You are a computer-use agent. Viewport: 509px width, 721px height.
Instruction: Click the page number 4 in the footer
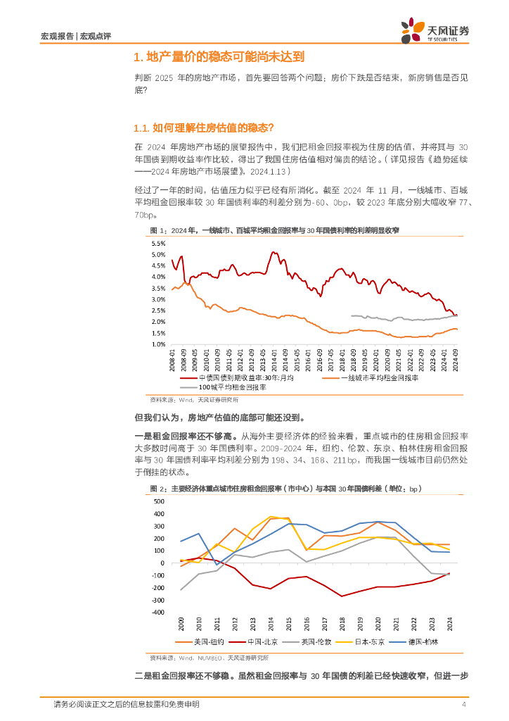(x=463, y=705)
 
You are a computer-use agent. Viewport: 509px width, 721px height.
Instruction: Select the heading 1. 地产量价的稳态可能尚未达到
(x=219, y=58)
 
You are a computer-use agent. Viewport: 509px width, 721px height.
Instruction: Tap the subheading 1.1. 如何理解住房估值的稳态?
(x=202, y=127)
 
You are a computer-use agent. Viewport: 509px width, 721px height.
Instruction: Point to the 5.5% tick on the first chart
(x=158, y=243)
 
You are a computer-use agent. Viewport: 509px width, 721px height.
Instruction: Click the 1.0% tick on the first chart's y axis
(x=158, y=344)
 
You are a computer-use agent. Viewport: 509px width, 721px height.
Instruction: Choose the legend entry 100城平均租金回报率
(x=224, y=387)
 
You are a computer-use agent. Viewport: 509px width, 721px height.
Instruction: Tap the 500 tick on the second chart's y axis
(x=158, y=501)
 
